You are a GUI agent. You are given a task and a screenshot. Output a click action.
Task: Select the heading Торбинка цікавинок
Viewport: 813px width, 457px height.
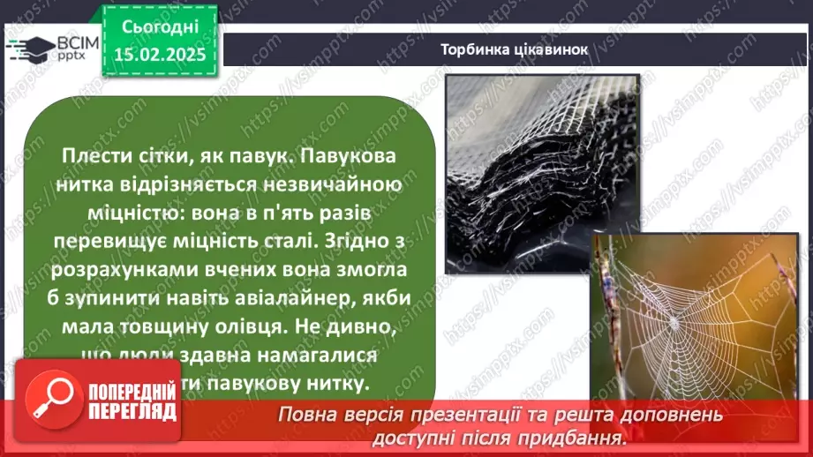(x=514, y=49)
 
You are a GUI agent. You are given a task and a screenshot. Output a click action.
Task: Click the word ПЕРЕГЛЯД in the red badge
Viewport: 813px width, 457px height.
(x=130, y=412)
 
